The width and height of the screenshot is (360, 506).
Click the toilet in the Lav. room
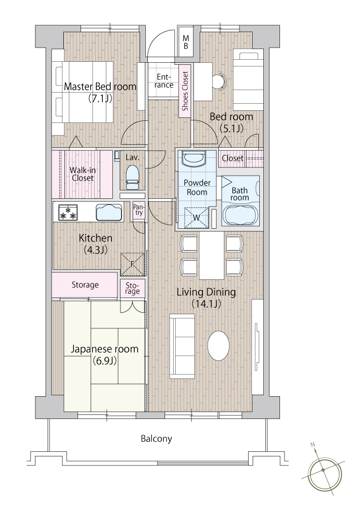pyautogui.click(x=132, y=178)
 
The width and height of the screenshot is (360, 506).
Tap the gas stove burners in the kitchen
pyautogui.click(x=68, y=213)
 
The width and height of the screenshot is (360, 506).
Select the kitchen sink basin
pyautogui.click(x=109, y=212)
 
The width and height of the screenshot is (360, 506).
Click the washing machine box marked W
pyautogui.click(x=196, y=218)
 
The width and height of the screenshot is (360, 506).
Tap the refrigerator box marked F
pyautogui.click(x=132, y=264)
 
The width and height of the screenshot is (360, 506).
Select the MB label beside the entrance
pyautogui.click(x=186, y=42)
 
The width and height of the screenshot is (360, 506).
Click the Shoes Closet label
pyautogui.click(x=185, y=91)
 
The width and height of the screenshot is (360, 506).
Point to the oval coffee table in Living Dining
pyautogui.click(x=219, y=345)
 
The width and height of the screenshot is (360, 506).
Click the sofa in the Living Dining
pyautogui.click(x=182, y=346)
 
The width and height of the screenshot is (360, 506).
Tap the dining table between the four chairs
pyautogui.click(x=212, y=256)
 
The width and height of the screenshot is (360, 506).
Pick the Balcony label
pyautogui.click(x=156, y=439)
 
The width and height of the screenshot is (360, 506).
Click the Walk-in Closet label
pyautogui.click(x=83, y=174)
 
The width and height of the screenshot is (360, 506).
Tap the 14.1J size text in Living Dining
pyautogui.click(x=206, y=304)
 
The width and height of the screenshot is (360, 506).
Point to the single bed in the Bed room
pyautogui.click(x=248, y=80)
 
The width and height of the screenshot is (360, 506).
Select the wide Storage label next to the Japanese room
pyautogui.click(x=85, y=285)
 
